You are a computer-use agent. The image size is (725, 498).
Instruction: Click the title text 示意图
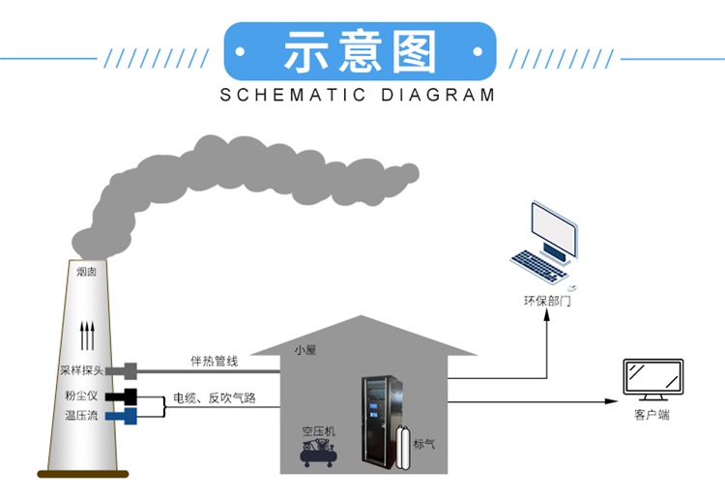tap(360, 52)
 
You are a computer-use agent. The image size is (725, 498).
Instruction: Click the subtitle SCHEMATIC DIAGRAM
tap(358, 95)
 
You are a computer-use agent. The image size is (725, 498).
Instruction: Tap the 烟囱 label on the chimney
tap(87, 272)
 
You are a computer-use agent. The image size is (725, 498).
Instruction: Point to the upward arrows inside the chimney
tap(87, 335)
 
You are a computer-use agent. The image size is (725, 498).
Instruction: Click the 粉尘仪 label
tap(81, 396)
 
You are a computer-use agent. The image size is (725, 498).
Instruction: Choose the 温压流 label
tap(81, 416)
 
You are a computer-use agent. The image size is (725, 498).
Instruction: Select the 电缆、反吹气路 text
tap(214, 397)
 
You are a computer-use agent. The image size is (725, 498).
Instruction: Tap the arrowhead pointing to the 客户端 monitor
tap(611, 401)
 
